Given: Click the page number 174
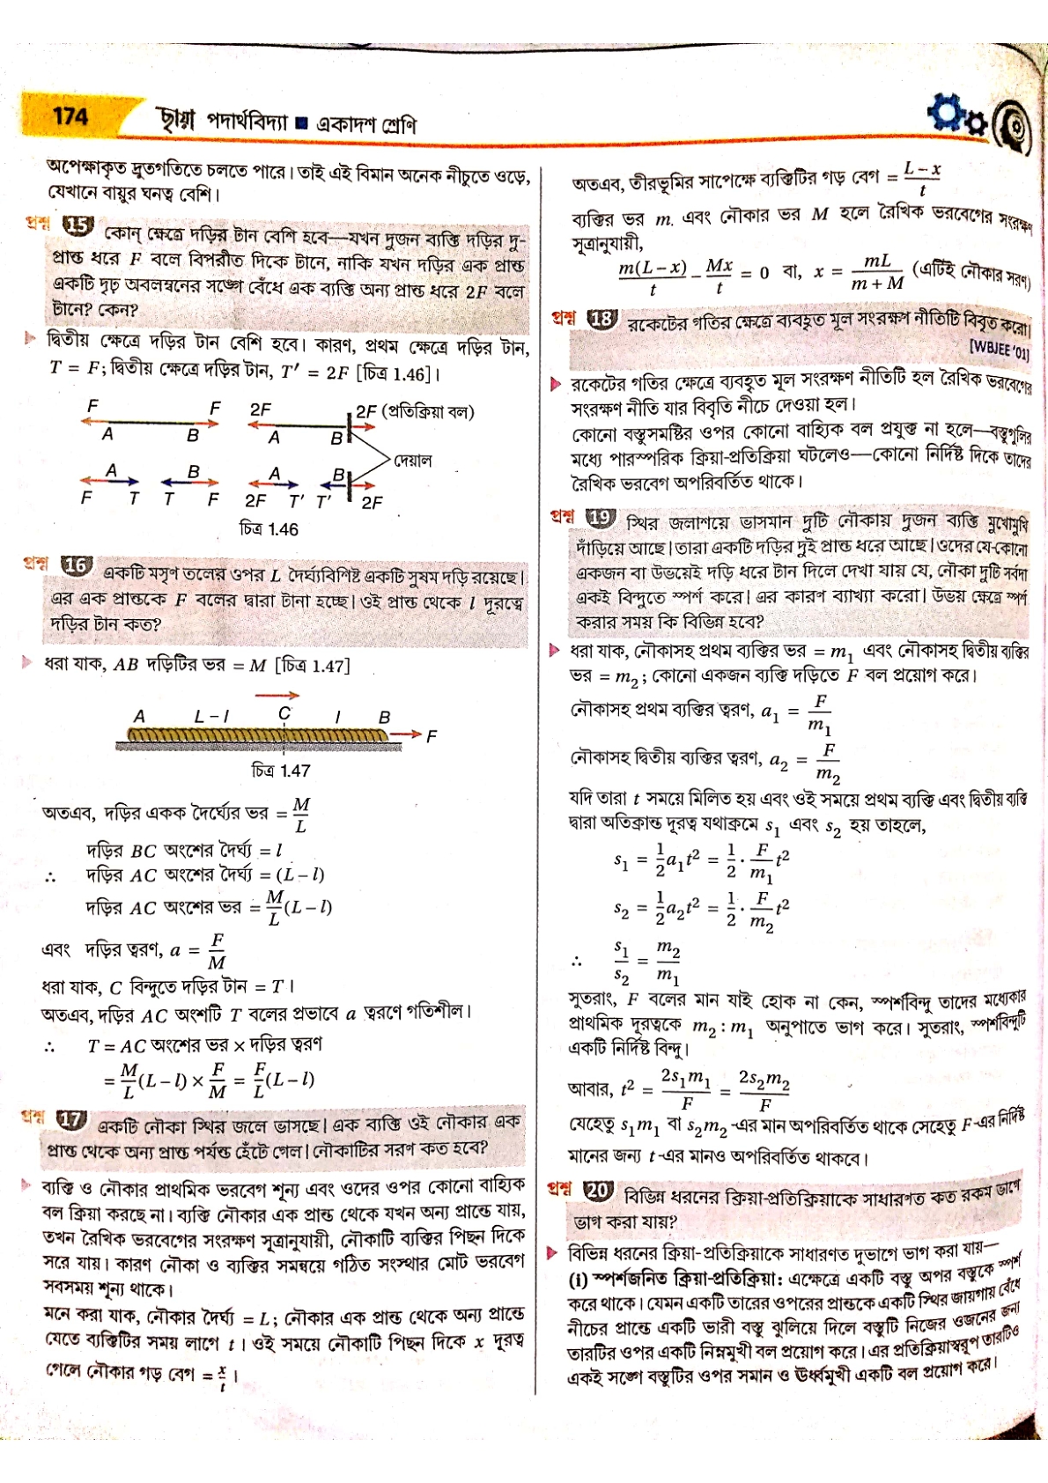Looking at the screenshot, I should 70,115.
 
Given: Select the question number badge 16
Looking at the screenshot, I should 76,566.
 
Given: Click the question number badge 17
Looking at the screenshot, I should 70,1120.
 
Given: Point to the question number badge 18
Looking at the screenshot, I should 602,319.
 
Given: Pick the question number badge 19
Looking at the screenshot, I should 601,517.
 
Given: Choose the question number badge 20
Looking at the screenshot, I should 598,1190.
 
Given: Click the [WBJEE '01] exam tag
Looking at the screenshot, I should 998,352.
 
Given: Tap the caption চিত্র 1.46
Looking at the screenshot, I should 269,529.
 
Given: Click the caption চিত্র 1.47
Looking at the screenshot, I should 281,771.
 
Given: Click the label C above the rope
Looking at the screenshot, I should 284,713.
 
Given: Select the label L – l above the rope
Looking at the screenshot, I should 212,717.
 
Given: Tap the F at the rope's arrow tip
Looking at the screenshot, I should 431,736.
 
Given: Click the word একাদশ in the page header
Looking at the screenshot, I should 345,124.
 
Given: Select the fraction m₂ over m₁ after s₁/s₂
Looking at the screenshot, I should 668,963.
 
